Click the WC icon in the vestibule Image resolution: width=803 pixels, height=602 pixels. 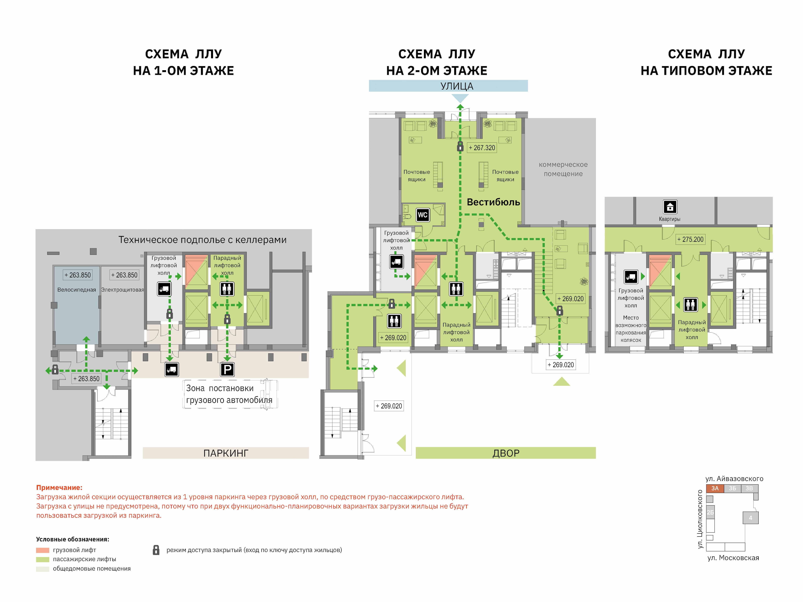click(x=423, y=215)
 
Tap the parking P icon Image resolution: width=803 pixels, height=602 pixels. click(x=227, y=369)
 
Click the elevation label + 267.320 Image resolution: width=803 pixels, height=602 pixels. click(x=482, y=148)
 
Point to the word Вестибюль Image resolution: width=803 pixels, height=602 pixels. click(x=493, y=202)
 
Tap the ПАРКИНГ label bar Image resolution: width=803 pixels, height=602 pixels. click(x=226, y=453)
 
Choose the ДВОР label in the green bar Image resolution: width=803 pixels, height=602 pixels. click(x=506, y=453)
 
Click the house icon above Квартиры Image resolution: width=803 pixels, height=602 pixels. click(x=670, y=207)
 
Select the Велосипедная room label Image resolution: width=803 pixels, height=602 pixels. click(x=77, y=290)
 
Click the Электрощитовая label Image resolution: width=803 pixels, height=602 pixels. click(x=122, y=290)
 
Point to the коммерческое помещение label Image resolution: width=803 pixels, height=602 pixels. click(x=563, y=169)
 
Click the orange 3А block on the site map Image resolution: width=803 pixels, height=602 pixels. click(x=715, y=488)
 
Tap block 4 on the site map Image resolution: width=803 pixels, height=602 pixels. click(x=750, y=517)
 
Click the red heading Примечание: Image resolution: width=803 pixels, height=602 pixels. click(x=59, y=487)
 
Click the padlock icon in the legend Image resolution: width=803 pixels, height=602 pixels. click(x=156, y=550)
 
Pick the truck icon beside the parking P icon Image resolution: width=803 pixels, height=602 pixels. click(x=171, y=369)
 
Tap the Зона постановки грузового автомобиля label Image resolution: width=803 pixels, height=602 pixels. click(x=229, y=394)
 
